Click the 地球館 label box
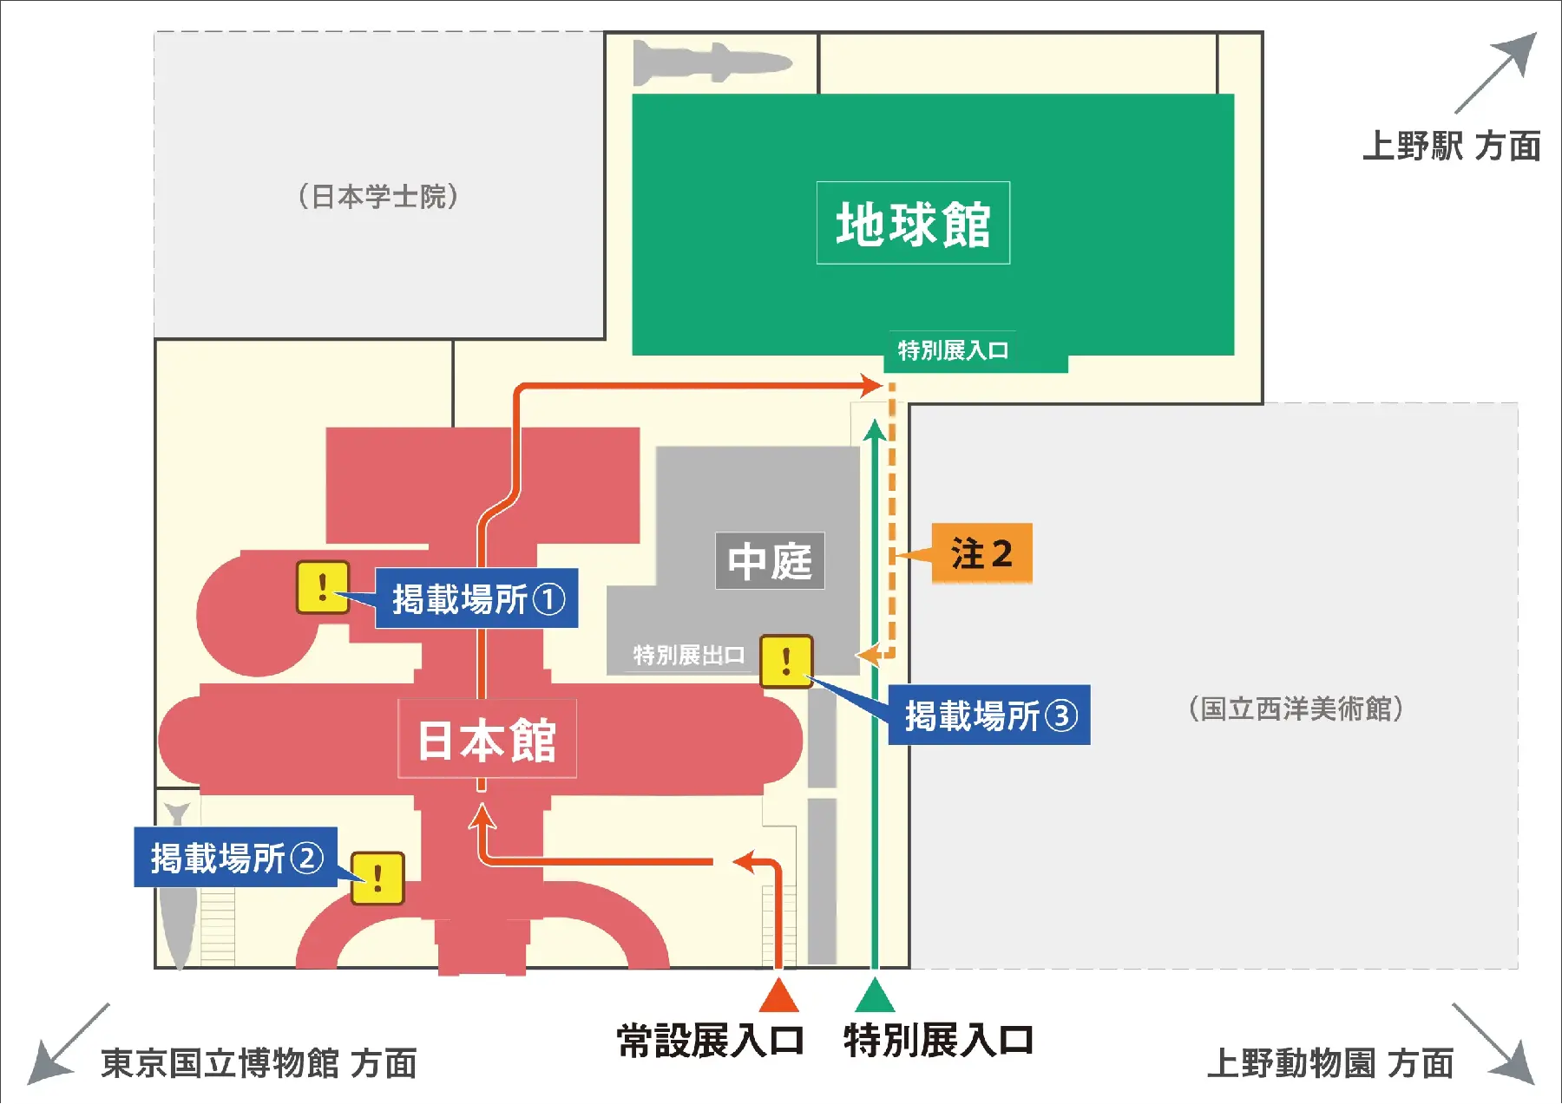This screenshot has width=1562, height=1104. point(913,223)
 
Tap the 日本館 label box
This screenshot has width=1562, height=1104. point(487,740)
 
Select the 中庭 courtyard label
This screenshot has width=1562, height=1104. point(770,561)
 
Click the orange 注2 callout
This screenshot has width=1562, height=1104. point(981,553)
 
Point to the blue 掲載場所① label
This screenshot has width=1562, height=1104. point(476,598)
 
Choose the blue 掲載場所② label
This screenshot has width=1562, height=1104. point(235,858)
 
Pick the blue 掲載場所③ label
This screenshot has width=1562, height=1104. point(989,715)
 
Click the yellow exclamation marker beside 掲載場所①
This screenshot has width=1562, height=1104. point(323,587)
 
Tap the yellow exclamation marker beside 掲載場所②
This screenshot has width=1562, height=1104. point(377,878)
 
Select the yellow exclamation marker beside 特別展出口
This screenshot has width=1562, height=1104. point(786,661)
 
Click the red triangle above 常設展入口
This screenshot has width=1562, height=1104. point(778,996)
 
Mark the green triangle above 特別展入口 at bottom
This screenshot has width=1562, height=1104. point(875,996)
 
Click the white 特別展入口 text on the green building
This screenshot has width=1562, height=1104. point(953,350)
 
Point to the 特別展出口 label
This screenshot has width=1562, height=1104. point(688,655)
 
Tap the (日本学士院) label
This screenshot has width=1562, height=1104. point(378,197)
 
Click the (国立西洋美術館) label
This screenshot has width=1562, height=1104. point(1296,709)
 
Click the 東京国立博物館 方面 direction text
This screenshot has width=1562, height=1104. point(259,1063)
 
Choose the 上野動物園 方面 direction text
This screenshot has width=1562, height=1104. point(1329,1063)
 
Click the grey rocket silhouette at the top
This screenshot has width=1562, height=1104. point(712,62)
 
